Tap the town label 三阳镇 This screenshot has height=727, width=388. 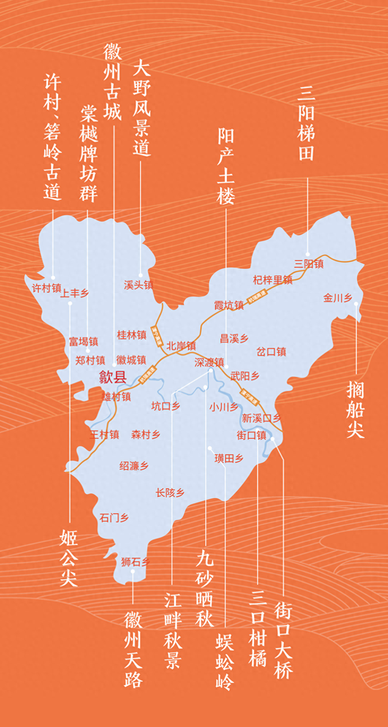(x=309, y=264)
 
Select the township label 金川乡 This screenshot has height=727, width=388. (x=338, y=297)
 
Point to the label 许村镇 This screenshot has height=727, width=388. (x=47, y=288)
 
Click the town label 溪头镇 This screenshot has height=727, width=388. (x=138, y=285)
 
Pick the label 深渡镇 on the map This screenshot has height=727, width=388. (x=209, y=362)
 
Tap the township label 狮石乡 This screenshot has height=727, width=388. (x=135, y=562)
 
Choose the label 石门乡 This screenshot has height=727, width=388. (x=114, y=518)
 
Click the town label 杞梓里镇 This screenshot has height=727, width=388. (x=272, y=280)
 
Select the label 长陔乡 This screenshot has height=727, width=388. (x=170, y=493)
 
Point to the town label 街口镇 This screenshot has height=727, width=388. (x=251, y=435)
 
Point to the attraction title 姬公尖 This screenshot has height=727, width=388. (x=69, y=558)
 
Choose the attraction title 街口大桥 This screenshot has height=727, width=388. (x=283, y=640)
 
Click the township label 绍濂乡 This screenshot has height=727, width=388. (x=134, y=466)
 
